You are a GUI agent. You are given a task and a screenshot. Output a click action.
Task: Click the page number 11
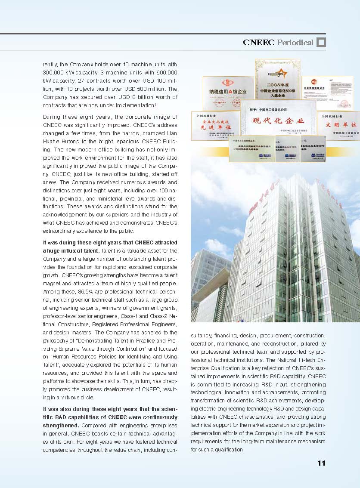tap(321, 463)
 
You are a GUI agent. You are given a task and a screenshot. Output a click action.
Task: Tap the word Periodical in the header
tap(295, 42)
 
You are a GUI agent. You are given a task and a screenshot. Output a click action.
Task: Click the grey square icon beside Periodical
tap(321, 42)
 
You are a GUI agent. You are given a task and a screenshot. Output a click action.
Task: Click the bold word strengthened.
tap(61, 425)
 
